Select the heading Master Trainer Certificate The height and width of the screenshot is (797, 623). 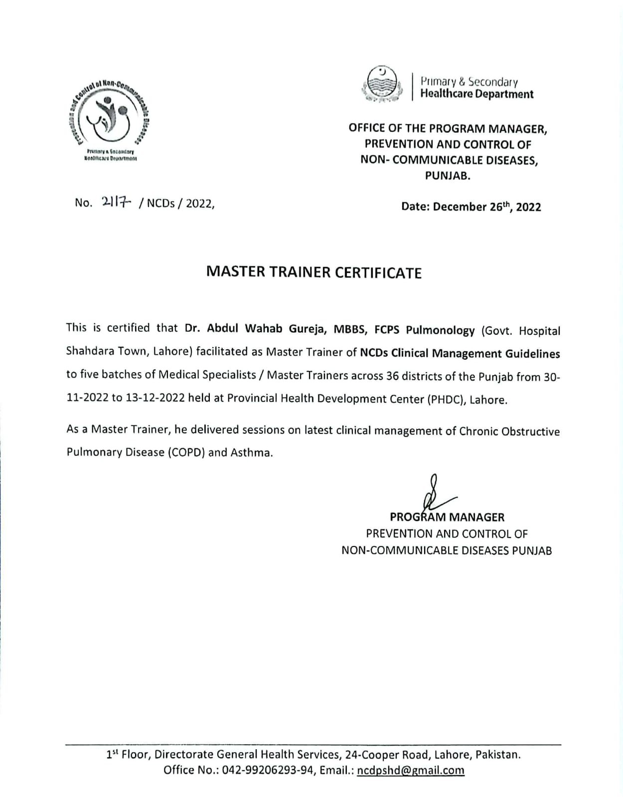click(x=314, y=272)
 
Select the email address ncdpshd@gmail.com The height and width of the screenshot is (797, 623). click(x=411, y=770)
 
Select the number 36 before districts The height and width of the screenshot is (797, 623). click(x=392, y=376)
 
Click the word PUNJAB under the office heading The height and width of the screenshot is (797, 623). click(x=448, y=176)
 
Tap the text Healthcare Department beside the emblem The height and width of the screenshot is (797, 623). click(x=476, y=94)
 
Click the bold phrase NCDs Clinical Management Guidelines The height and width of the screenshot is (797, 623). click(x=460, y=353)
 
